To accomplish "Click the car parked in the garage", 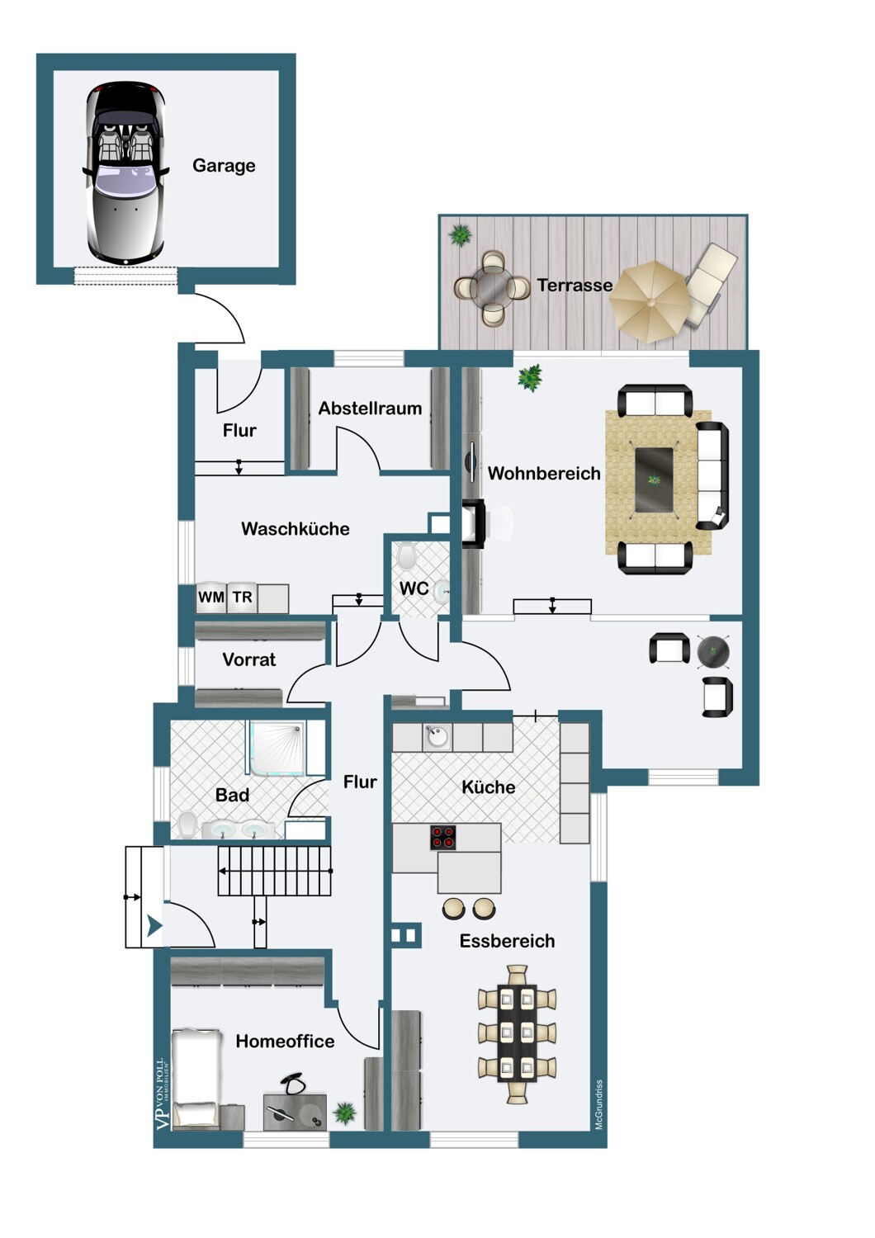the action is point(125,172).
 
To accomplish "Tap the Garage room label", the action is point(224,165).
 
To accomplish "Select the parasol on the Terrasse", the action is point(650,302).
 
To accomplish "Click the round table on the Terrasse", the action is point(492,288).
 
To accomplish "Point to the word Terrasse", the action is point(575,286).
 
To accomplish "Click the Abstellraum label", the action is point(370,409).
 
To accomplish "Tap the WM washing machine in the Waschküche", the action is point(211,597).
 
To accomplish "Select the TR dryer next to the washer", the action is point(242,597).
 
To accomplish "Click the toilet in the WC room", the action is point(406,556).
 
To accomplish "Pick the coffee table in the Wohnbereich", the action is point(655,480).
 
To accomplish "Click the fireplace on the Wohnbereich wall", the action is point(474,523).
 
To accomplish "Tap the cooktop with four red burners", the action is point(443,838).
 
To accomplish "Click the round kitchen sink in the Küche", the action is point(437,736).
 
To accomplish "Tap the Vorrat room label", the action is point(249,659).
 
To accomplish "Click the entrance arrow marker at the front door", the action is point(154,924).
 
